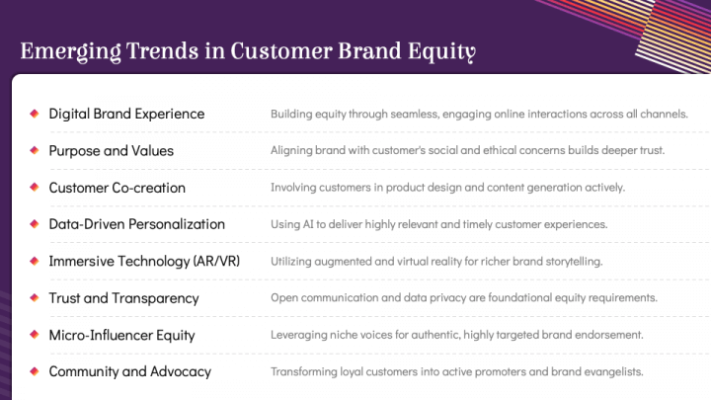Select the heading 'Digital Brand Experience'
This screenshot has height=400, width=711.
[x=126, y=114]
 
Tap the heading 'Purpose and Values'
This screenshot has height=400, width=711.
[x=111, y=151]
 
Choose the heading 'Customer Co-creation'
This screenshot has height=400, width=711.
[x=117, y=188]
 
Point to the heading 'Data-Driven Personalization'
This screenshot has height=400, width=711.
[x=136, y=224]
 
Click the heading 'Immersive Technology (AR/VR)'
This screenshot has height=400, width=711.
[x=144, y=261]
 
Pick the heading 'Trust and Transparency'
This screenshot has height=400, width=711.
[x=123, y=298]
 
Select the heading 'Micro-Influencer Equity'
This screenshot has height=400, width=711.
[x=121, y=335]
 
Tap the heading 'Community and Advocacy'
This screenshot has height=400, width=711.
[x=129, y=371]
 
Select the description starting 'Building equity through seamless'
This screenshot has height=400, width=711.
[x=479, y=114]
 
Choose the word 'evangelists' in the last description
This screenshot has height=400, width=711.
[x=613, y=371]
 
